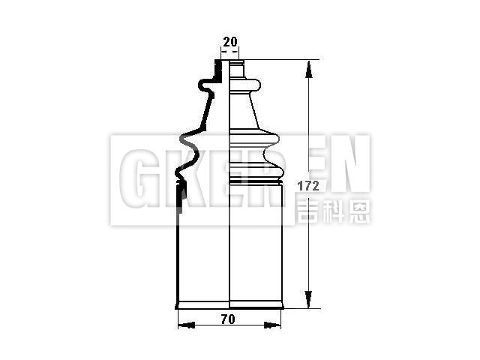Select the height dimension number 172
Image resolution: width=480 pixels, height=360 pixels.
[308, 184]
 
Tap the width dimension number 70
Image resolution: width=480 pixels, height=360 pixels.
[229, 319]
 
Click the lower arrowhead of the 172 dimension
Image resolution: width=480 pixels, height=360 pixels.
[308, 300]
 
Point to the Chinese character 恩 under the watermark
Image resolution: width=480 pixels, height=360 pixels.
[359, 211]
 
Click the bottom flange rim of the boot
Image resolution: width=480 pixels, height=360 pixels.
[229, 304]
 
